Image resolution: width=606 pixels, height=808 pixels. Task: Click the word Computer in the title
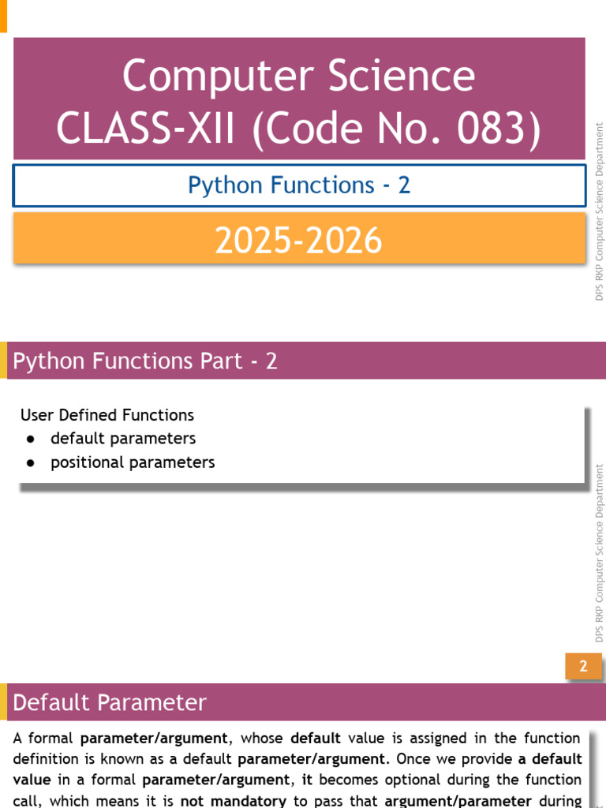click(x=218, y=77)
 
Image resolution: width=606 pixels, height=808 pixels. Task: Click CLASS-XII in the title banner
click(x=145, y=128)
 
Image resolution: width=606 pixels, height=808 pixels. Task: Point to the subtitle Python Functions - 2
click(x=299, y=185)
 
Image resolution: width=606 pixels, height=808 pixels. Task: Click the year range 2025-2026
click(x=298, y=240)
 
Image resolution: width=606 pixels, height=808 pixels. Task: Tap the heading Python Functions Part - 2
click(x=145, y=361)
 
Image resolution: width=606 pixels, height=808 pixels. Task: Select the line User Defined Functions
click(x=107, y=415)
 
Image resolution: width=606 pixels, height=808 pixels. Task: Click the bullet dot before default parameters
click(x=31, y=439)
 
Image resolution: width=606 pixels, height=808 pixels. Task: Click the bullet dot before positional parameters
click(x=31, y=462)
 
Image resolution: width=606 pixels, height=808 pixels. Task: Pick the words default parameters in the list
click(x=123, y=439)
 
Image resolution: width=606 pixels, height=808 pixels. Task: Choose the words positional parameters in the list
click(x=133, y=462)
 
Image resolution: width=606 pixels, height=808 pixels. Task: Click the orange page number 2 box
click(x=583, y=666)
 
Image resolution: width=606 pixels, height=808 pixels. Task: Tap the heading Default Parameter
click(x=109, y=702)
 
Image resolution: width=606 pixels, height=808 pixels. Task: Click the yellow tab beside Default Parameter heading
click(x=4, y=701)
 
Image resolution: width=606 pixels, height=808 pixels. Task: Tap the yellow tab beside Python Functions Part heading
click(x=4, y=360)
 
